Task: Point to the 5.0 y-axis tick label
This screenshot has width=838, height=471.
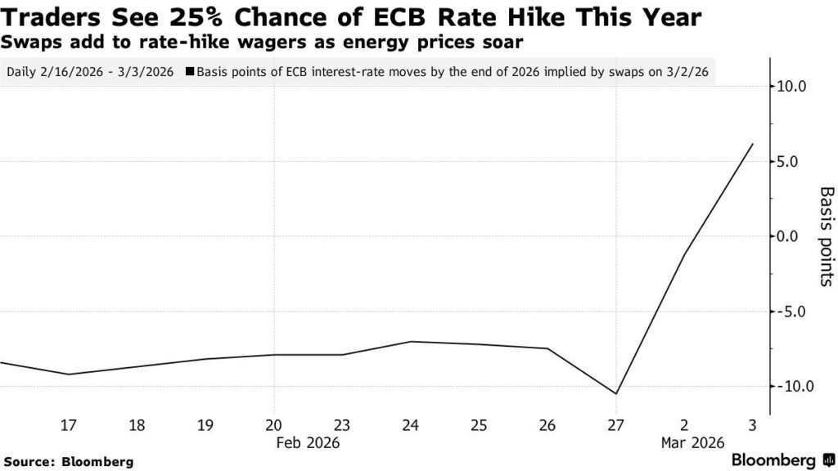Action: (794, 162)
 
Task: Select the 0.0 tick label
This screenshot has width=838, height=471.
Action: (794, 236)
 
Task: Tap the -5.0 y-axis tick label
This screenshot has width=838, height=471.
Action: (791, 312)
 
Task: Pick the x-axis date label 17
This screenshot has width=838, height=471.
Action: (69, 425)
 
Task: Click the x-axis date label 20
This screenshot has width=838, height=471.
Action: (274, 425)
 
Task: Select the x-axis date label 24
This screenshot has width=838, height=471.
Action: (411, 425)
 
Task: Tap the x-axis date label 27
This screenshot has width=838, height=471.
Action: (615, 425)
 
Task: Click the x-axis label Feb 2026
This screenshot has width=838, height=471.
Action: (308, 443)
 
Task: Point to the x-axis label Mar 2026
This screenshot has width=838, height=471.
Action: (693, 443)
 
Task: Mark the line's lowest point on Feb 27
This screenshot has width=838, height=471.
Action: (615, 393)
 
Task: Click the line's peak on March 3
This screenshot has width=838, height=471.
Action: (752, 144)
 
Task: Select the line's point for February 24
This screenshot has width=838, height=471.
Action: (411, 341)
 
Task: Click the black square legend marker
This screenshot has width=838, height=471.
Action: (190, 71)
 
